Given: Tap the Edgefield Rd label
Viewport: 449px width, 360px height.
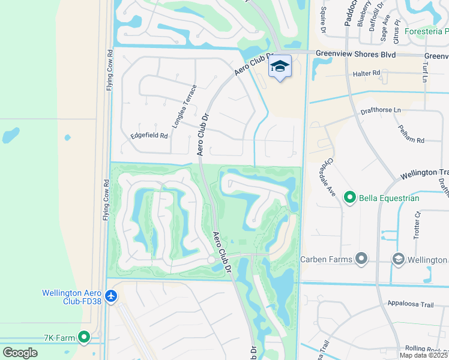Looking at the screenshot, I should coord(149,136).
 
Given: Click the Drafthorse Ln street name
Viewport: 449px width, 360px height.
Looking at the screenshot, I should coord(381,110).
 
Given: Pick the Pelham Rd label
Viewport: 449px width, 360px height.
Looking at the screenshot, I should coord(411,133).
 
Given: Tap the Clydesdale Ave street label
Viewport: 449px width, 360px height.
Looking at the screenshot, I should coord(327,178).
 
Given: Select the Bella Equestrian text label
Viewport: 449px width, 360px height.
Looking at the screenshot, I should coord(389,197).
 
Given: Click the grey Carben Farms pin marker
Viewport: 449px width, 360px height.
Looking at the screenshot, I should coord(361,259).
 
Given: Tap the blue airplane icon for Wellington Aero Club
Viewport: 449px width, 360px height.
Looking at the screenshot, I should coord(111,296).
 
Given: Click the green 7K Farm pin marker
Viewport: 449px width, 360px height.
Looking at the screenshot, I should coord(84,338).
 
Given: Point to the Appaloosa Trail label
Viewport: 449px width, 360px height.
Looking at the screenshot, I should coord(410,305).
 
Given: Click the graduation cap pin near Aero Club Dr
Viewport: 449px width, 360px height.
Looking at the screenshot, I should coord(280,67).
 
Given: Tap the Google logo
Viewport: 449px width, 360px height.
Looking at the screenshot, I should coord(20,353).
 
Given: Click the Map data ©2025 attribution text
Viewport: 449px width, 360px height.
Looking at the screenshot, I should coord(424,355).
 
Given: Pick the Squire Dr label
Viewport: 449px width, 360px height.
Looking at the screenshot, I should coord(324,20).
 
